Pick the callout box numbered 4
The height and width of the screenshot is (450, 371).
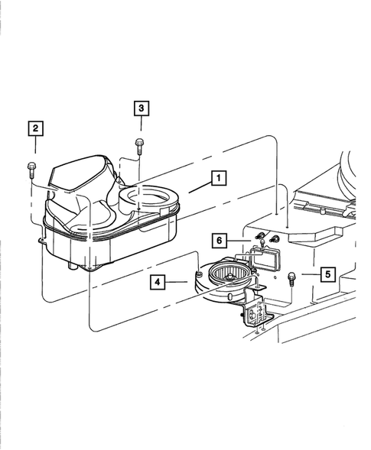pos(158,283)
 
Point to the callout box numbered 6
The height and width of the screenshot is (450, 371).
pos(219,241)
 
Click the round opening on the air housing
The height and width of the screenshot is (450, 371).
pos(146,201)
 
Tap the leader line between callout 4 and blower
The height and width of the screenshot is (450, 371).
pos(180,283)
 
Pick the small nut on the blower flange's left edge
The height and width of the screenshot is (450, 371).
pos(198,273)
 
